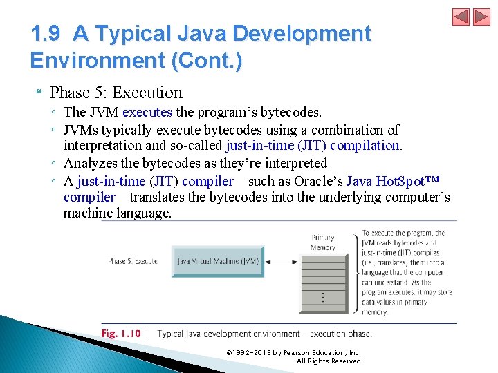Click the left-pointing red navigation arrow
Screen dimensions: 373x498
coord(461,17)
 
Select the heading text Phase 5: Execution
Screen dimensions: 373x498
coord(116,93)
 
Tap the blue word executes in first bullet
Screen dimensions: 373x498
coord(147,112)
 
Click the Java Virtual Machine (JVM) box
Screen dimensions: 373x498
coord(218,262)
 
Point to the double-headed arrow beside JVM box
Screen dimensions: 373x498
coord(282,262)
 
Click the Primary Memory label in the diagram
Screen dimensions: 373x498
coord(323,242)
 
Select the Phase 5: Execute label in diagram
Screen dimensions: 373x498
coord(133,262)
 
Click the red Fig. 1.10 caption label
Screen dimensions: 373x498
coord(121,334)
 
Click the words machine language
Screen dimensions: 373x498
coord(117,213)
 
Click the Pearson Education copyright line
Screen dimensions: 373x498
coord(293,353)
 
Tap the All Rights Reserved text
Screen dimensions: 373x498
coord(329,361)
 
